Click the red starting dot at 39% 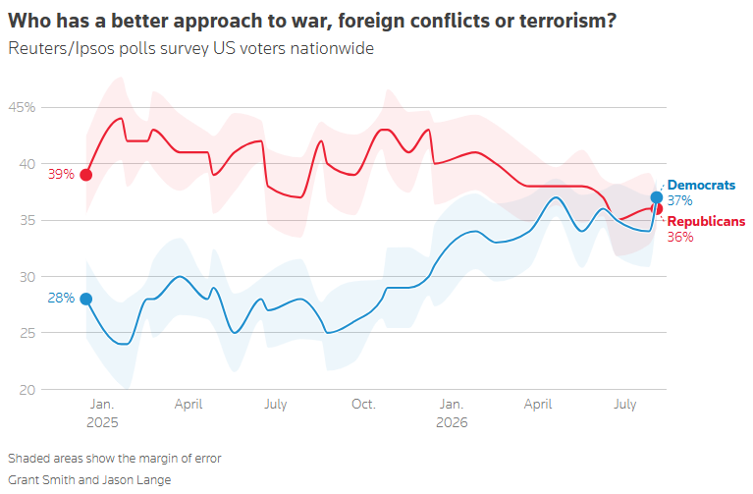pos(86,175)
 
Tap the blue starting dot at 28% pos(86,299)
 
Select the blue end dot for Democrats pos(657,197)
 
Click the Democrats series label pos(701,185)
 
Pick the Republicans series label pos(706,221)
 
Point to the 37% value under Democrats pos(680,200)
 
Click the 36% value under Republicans pos(680,237)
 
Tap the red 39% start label pos(61,174)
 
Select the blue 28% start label pos(61,298)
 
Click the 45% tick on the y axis pos(23,107)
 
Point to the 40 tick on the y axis pos(27,164)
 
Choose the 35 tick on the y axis pos(27,220)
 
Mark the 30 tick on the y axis pos(27,277)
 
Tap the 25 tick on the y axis pos(27,333)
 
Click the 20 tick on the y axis pos(27,390)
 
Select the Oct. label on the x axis pos(363,405)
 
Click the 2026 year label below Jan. pos(452,422)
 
